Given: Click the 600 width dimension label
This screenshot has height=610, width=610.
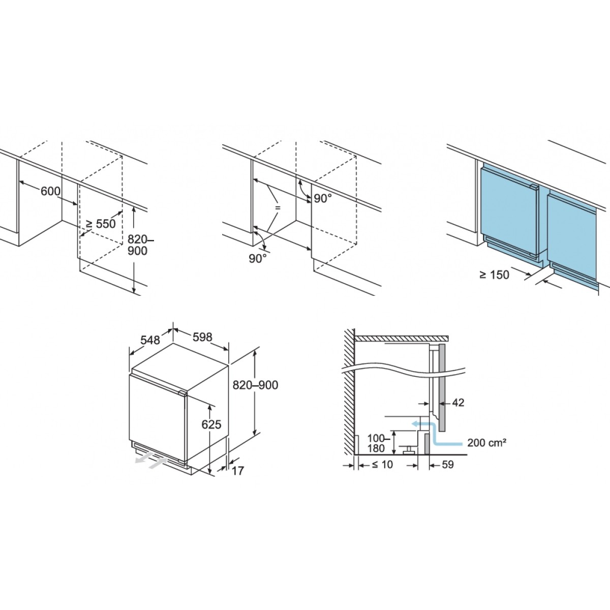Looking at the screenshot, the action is point(50,191).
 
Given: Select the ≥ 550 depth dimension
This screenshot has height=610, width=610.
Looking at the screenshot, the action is point(101,224).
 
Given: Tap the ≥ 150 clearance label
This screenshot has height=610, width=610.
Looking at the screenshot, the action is point(495,275).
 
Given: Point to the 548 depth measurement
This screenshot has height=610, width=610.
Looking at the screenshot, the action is point(150,340).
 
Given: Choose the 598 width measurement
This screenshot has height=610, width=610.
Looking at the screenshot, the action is point(202,337).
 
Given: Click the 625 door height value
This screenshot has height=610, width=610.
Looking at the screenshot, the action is point(211,424).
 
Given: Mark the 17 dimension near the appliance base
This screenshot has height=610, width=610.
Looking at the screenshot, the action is point(238,471).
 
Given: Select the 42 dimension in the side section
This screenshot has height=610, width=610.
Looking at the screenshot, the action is point(458,403).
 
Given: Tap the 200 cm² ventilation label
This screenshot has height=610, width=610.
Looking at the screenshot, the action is point(486,442).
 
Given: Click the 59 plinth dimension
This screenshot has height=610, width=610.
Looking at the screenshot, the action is point(447,465).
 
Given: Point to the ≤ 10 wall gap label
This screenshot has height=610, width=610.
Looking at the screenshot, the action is point(382,465).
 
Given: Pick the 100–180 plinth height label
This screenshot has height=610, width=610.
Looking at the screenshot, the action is point(376,443).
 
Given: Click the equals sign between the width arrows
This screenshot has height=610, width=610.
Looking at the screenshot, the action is point(278,208).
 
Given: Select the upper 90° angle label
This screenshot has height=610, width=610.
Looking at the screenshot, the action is point(323,198).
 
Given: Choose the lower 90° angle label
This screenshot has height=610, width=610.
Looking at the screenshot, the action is point(258,258).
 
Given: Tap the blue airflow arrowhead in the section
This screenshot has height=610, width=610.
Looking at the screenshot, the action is point(414,423).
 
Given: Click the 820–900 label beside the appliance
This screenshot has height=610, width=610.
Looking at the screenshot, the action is point(255,385).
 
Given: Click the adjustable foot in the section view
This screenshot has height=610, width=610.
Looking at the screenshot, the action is point(409,449).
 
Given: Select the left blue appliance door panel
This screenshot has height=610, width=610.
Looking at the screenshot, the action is point(509,210).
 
